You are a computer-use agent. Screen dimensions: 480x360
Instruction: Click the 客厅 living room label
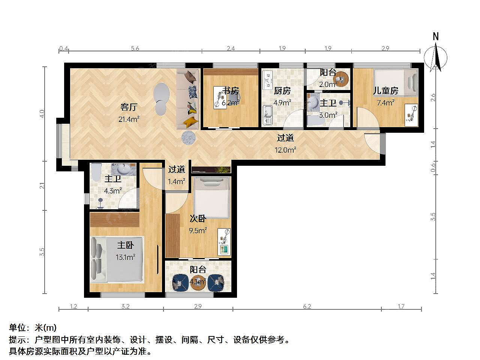tap(129, 107)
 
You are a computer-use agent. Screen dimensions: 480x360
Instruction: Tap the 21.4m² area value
tap(129, 119)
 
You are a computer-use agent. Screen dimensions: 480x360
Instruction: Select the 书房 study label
tap(231, 90)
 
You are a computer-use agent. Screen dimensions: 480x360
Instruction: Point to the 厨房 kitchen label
tap(282, 91)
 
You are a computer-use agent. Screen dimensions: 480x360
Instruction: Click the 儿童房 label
tap(385, 90)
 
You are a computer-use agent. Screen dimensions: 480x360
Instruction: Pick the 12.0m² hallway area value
tap(285, 150)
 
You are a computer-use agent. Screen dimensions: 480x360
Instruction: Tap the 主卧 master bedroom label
tap(126, 245)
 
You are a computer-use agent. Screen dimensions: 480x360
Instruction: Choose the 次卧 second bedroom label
tap(198, 218)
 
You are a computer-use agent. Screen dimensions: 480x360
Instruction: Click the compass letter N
tap(436, 36)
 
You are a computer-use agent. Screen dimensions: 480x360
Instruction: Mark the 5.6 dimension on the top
tap(135, 48)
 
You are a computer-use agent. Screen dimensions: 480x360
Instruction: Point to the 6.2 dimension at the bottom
tap(307, 306)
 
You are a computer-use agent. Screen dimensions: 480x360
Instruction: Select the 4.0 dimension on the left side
tap(42, 114)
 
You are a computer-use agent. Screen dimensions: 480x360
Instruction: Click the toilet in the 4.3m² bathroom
tap(96, 172)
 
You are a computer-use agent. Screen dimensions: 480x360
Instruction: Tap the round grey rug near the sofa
tap(188, 138)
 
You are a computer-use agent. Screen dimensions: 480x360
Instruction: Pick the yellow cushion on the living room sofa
tap(190, 122)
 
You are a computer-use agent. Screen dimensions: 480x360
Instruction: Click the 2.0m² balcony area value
tap(328, 84)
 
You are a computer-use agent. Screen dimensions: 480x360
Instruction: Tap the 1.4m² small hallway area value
tap(177, 181)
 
